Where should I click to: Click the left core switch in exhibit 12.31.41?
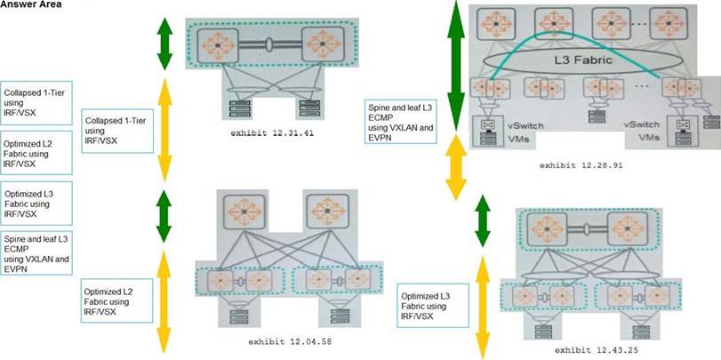(213, 42)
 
